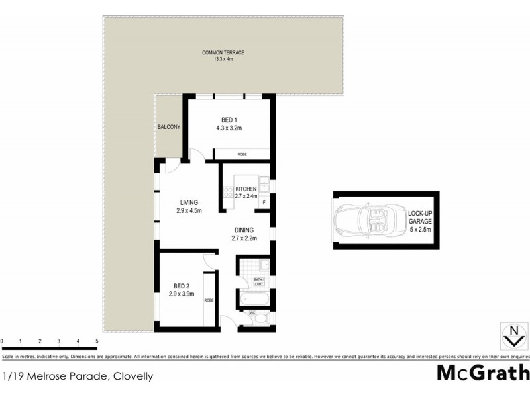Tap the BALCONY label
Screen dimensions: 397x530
coord(169,127)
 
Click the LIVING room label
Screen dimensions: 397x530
coord(188,206)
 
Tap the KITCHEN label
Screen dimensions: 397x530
coord(245,192)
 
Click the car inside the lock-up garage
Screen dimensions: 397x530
coord(367,220)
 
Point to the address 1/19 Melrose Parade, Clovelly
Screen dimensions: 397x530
coord(78,376)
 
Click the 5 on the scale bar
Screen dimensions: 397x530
coord(97,341)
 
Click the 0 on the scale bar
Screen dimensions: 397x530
coord(2,341)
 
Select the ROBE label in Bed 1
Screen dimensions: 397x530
coord(242,154)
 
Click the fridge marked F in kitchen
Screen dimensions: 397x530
coord(264,202)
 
